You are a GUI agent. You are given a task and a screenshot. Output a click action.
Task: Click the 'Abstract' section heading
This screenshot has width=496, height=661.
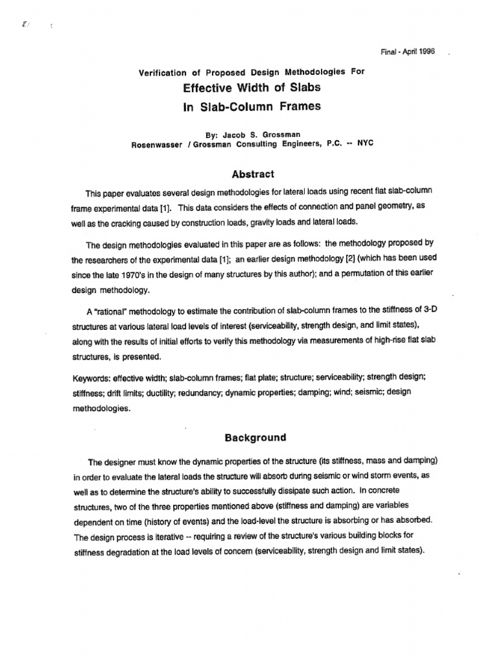pos(253,174)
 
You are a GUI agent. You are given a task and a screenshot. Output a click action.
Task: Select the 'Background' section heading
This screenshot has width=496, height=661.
pos(254,437)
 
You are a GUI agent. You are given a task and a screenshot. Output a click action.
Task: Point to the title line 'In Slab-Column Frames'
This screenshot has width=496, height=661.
pos(252,106)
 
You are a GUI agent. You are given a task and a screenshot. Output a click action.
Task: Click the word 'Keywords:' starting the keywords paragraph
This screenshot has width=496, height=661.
pos(107,376)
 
